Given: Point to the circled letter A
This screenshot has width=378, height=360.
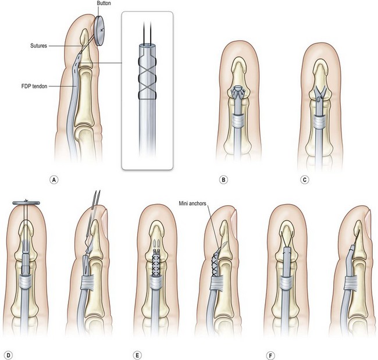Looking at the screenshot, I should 54,179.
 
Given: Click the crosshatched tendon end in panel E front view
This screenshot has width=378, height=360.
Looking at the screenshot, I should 155,262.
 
